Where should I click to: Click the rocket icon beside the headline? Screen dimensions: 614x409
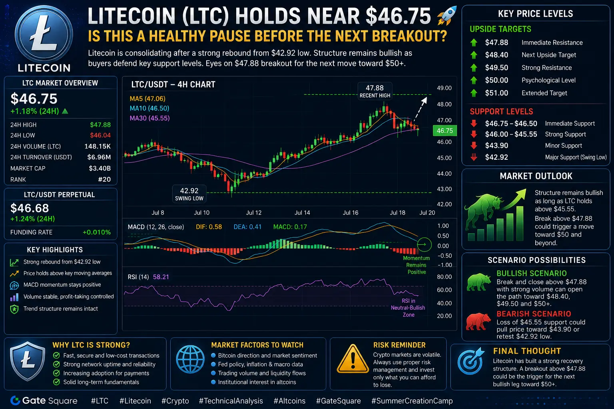(x=447, y=16)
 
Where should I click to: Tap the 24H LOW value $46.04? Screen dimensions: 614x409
(x=100, y=135)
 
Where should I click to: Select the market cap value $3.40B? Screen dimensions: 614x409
(x=100, y=168)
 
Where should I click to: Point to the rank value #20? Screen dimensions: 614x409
(x=104, y=179)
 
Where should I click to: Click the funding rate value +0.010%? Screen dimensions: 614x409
(x=97, y=232)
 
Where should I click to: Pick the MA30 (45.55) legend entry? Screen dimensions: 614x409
(x=150, y=118)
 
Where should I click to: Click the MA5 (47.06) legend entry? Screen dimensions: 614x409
(x=148, y=99)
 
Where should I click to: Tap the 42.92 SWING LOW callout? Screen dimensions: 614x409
(x=189, y=194)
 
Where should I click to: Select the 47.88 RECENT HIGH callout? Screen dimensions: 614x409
(x=375, y=91)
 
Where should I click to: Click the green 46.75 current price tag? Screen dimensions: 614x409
(x=445, y=131)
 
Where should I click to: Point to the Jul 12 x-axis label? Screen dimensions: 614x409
(x=253, y=212)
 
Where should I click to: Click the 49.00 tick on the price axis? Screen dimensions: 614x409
(x=444, y=88)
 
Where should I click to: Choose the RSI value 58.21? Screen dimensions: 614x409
(x=161, y=277)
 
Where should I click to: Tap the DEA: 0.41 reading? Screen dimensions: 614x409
(x=247, y=227)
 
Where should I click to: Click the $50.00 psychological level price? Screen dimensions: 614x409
(x=496, y=80)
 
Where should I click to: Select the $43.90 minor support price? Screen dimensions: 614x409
(x=496, y=145)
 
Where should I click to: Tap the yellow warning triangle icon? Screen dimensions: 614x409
(x=353, y=359)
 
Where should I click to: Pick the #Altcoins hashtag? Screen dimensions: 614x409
(x=289, y=401)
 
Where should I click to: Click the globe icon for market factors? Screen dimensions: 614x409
(x=190, y=359)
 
